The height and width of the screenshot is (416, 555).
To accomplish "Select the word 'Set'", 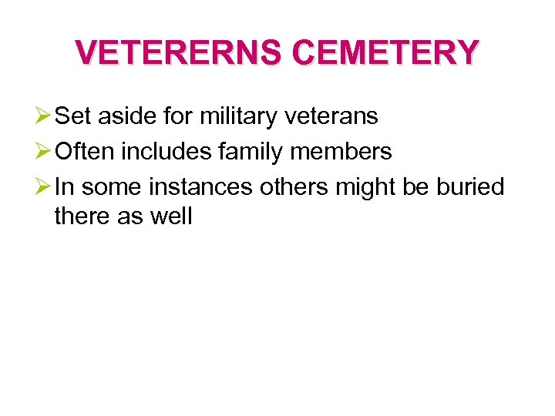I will (x=73, y=117).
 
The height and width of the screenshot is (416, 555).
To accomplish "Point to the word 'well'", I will (x=170, y=216).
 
